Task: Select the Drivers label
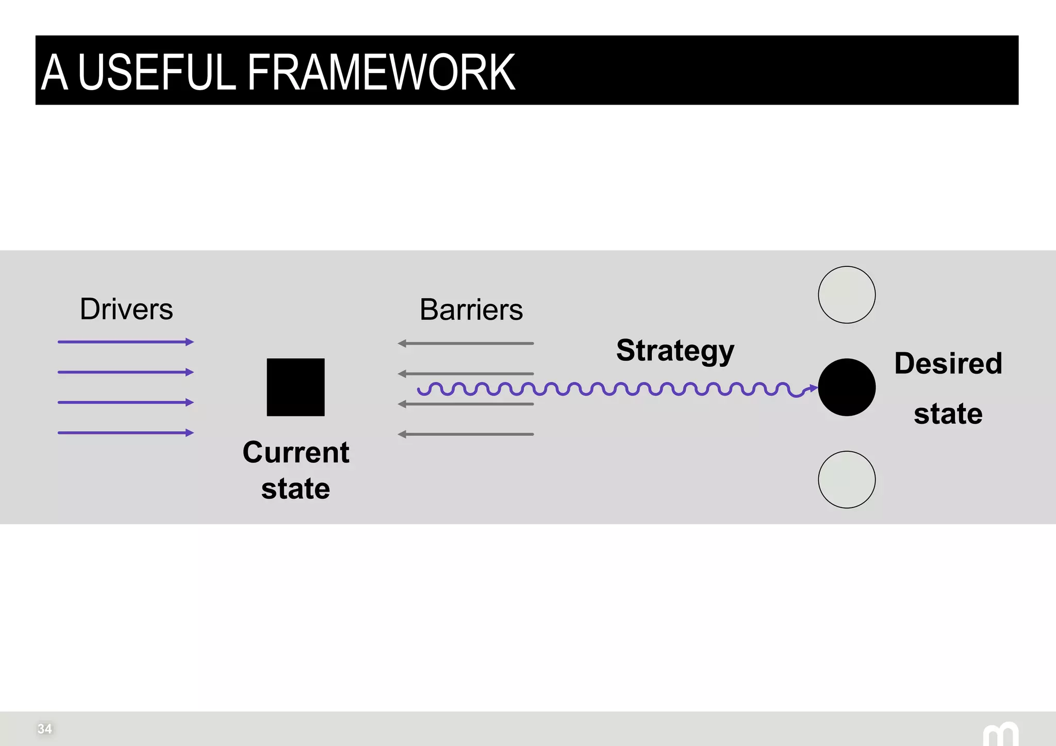pos(126,309)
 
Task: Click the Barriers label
pos(471,310)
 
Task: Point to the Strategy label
pos(675,351)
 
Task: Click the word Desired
pos(948,363)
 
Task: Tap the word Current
pos(296,452)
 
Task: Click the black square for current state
pos(295,387)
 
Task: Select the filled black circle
pos(847,387)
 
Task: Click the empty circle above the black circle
pos(847,295)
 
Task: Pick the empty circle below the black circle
pos(847,480)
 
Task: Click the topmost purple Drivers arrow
pos(125,342)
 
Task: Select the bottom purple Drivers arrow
pos(125,433)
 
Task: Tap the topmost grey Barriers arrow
pos(466,343)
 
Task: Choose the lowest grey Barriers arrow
pos(466,434)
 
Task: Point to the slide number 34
pos(45,728)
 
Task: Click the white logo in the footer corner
pos(1001,734)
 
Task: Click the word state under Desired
pos(948,414)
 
